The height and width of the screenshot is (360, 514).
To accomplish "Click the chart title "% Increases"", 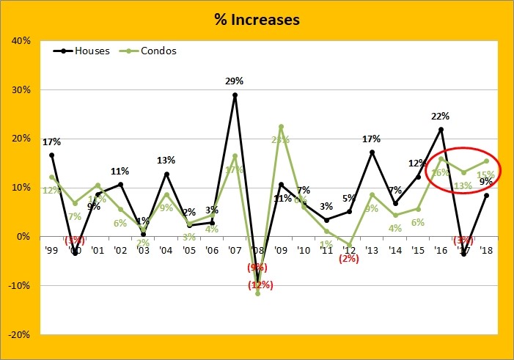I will [x=257, y=19].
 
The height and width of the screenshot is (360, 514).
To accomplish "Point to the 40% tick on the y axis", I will [x=21, y=41].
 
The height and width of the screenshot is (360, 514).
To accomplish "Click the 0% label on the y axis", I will [x=23, y=237].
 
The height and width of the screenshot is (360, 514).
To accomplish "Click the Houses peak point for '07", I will [x=235, y=95].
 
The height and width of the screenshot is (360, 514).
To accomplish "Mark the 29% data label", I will [x=235, y=81].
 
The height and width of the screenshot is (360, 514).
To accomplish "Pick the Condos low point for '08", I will [x=258, y=293].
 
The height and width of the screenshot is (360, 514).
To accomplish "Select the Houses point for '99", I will [x=52, y=155].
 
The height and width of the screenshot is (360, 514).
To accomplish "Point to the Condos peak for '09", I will [x=281, y=127].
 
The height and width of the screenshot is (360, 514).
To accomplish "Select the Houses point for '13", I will [x=372, y=153].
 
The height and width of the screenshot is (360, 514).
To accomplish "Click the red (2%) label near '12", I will [x=350, y=258].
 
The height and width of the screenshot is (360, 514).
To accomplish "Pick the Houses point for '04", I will [x=166, y=174].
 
